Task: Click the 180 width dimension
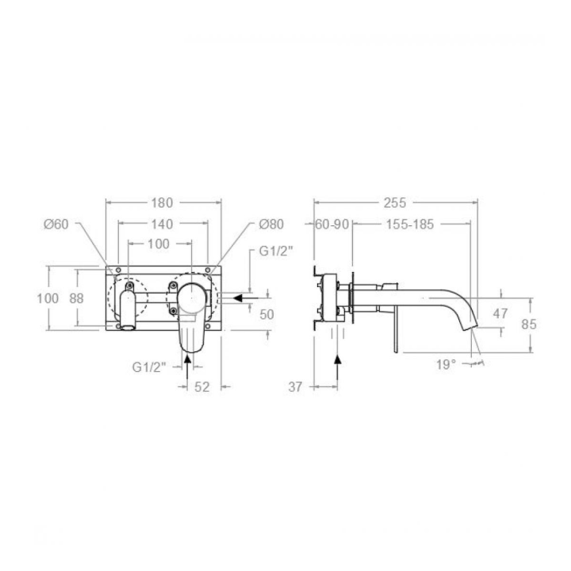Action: click(x=162, y=203)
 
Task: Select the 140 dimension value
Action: click(x=162, y=224)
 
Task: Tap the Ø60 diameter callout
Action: click(x=56, y=224)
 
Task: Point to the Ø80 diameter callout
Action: click(x=271, y=224)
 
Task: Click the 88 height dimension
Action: click(x=76, y=298)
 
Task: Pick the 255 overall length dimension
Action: click(x=395, y=203)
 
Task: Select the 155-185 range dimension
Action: click(x=410, y=224)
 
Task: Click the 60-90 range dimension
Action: click(x=331, y=224)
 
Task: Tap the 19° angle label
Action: click(x=446, y=365)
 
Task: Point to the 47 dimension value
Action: click(x=500, y=313)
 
